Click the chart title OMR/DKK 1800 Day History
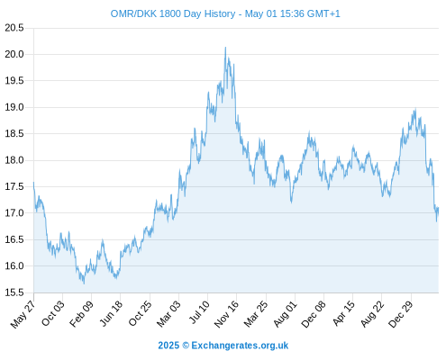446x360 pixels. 173,13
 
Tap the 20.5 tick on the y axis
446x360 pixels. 14,28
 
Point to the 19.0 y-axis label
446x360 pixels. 14,107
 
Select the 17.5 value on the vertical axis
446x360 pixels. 14,186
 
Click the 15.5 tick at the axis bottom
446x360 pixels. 14,292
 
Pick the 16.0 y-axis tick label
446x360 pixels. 14,266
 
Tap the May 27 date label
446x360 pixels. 23,314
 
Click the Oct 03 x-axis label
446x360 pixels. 52,313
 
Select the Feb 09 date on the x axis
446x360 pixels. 81,313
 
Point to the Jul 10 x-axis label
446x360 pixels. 199,312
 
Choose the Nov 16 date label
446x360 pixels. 226,314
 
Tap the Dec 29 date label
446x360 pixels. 401,314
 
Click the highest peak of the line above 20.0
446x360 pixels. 225,48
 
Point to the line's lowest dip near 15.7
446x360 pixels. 84,283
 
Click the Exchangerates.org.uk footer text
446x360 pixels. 240,346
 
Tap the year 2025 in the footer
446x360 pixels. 168,346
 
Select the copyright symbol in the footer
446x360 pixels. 186,346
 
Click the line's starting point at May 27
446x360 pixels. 33,182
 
